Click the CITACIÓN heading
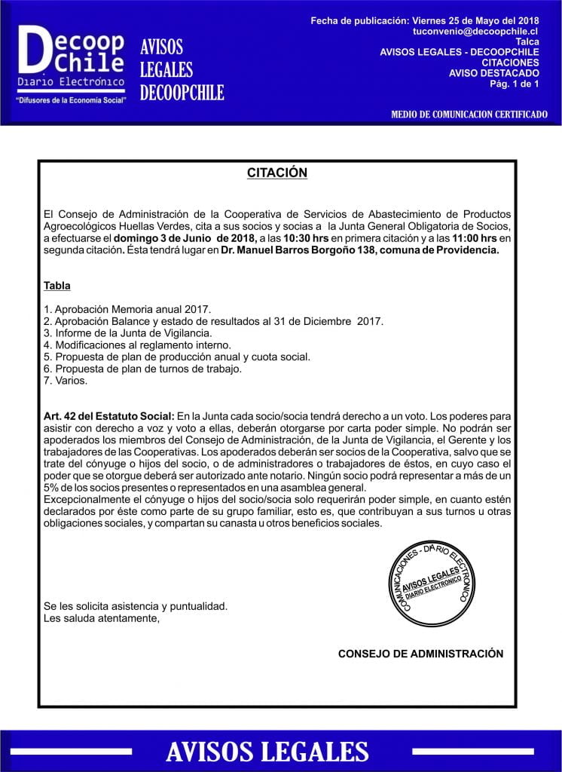coord(277,173)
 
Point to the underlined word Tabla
coord(57,286)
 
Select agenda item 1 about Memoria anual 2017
coord(128,309)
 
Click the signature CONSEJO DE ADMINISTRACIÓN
coord(420,654)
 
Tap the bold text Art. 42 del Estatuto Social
coord(109,416)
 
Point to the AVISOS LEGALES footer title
coord(267,751)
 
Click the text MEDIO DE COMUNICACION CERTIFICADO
coord(469,115)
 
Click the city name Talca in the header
coord(527,41)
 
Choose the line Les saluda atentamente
coord(102,618)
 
